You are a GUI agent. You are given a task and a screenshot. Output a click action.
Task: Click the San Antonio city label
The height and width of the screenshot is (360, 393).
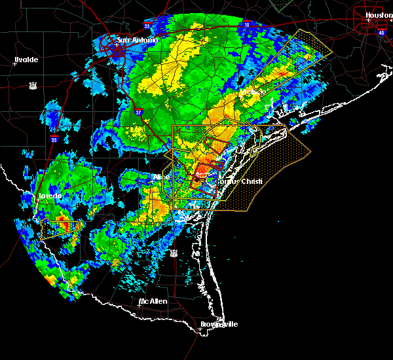tap(138, 41)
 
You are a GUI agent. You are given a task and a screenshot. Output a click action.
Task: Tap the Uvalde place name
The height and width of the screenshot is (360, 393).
tap(26, 60)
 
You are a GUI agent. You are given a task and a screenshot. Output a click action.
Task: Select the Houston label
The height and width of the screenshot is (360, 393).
tap(378, 14)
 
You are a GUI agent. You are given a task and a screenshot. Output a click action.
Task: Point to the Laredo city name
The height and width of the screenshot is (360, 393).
tap(50, 196)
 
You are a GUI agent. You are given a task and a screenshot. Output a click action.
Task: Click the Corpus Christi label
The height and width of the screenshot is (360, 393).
tap(240, 181)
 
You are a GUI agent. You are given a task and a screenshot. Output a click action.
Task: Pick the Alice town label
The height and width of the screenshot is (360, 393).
tap(161, 177)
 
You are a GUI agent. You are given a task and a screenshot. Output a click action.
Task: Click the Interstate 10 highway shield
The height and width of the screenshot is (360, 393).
tap(246, 24)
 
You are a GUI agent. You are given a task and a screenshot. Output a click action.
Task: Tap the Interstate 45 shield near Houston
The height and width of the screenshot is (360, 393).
tap(382, 31)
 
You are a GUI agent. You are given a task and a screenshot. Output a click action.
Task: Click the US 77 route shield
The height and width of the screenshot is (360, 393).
tap(174, 252)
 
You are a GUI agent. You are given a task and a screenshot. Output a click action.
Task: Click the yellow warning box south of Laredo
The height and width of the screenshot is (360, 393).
tap(61, 228)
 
